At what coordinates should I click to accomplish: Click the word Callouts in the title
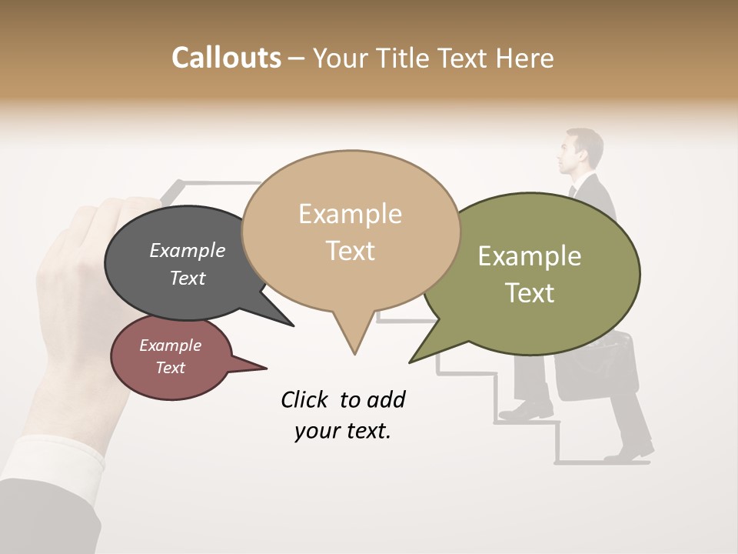tap(226, 58)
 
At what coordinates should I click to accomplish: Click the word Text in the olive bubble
tap(530, 293)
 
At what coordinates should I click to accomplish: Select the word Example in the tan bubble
tap(350, 214)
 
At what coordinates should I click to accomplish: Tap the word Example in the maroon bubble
tap(170, 345)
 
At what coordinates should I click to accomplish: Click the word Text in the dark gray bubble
tap(187, 278)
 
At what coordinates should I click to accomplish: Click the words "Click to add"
tap(342, 399)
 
